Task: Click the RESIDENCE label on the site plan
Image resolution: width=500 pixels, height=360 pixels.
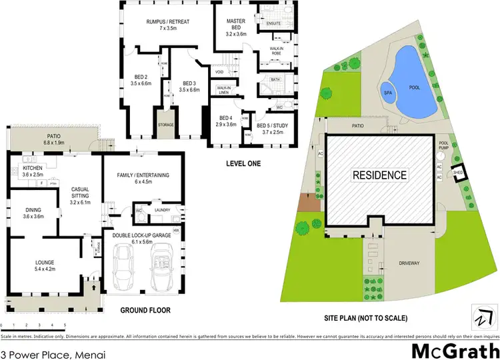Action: point(379,175)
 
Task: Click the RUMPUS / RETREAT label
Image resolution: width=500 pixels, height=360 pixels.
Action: point(168,25)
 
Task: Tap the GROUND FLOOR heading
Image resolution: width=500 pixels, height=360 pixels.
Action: point(145,310)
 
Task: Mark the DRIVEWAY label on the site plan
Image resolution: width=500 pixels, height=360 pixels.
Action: point(411,263)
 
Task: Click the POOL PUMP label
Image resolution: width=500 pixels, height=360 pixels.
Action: point(444,146)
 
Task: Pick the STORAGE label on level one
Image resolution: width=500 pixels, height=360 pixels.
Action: point(165,125)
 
